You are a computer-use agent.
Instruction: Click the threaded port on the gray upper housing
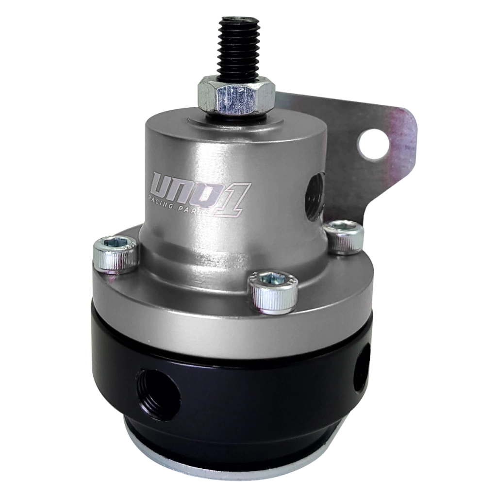pos(315,193)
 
